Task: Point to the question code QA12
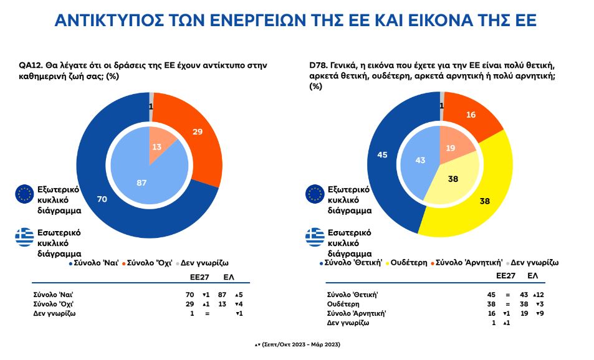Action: tap(30, 65)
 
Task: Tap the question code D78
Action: tap(319, 65)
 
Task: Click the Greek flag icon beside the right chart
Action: tap(315, 237)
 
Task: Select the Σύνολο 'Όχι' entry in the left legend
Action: tap(148, 263)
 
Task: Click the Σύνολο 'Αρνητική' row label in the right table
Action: tap(354, 313)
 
